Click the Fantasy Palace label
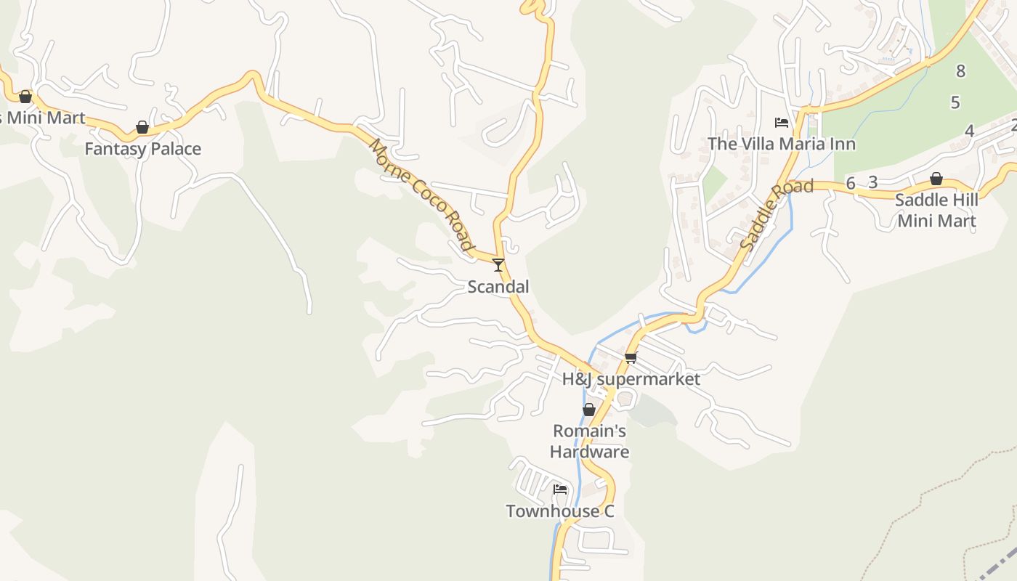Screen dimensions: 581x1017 [142, 149]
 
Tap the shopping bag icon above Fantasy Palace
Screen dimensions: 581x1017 [142, 128]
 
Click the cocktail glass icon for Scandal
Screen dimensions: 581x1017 [498, 265]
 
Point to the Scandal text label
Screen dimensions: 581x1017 [498, 287]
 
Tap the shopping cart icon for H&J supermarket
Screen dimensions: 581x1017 [631, 357]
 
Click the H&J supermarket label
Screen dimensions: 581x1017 [631, 379]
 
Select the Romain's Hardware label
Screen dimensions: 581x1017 [589, 442]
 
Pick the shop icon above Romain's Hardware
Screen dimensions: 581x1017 [589, 410]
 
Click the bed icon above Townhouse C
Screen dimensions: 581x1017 [560, 489]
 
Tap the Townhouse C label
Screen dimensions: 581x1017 [560, 511]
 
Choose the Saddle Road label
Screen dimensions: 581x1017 [776, 216]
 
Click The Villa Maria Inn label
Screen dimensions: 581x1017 [782, 144]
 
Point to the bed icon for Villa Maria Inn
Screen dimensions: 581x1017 [782, 122]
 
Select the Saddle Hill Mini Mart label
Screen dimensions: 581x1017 [936, 210]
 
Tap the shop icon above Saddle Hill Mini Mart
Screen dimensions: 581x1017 [936, 179]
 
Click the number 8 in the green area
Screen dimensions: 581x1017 [961, 71]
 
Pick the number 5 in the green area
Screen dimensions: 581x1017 [955, 102]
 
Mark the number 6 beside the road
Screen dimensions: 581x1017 [851, 182]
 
